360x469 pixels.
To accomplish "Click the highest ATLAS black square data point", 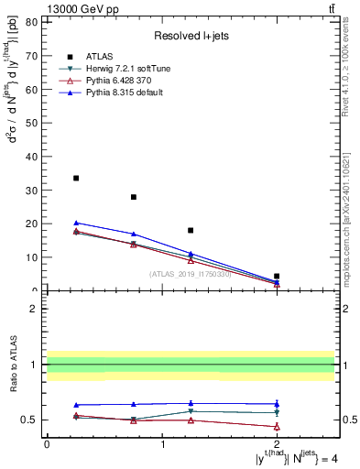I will [76, 178].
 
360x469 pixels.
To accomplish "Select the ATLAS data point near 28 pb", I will [134, 197].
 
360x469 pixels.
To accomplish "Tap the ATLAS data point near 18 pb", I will [191, 231].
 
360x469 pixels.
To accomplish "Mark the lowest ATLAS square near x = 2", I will [277, 276].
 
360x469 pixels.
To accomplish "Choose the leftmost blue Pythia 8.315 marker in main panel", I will [76, 223].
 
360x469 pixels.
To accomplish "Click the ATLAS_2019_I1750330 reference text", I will [189, 274].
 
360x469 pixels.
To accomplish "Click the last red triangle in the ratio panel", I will [277, 427].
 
